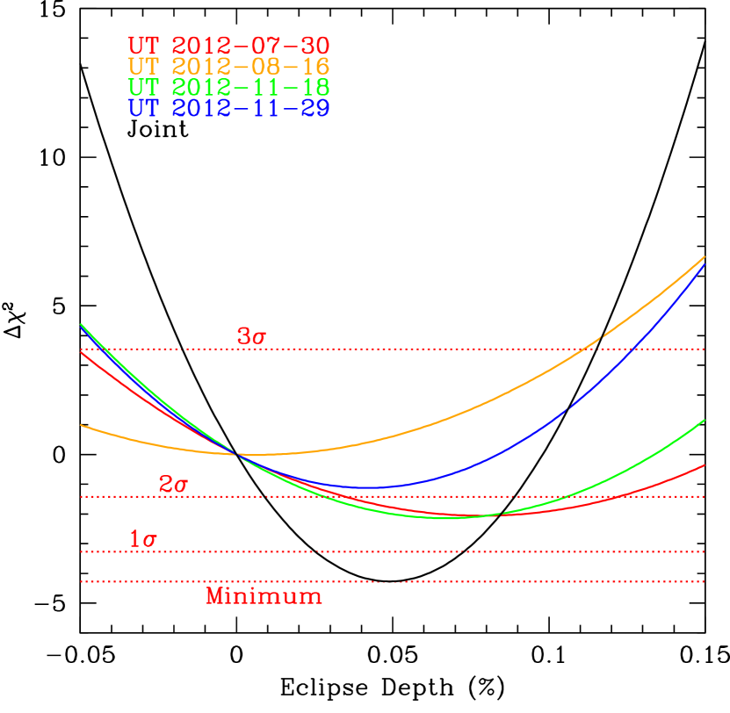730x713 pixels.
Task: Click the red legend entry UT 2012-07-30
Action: point(228,46)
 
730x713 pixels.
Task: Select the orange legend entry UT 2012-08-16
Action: point(228,67)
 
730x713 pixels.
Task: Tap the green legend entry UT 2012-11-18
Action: point(228,88)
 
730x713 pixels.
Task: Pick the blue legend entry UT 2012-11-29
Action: point(228,108)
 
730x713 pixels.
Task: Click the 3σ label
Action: point(250,336)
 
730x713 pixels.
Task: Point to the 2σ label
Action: point(173,484)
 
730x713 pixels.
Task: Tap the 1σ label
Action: point(142,539)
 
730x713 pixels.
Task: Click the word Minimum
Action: point(264,596)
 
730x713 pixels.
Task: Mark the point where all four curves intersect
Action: point(237,454)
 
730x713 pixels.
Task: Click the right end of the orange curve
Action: point(705,257)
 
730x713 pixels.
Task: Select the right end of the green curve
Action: point(705,420)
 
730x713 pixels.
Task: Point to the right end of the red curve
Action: point(705,465)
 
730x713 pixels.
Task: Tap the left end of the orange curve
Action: point(81,425)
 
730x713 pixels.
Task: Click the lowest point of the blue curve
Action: point(369,487)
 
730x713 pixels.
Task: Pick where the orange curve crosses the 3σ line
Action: point(587,349)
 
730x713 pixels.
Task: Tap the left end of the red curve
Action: point(81,352)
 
